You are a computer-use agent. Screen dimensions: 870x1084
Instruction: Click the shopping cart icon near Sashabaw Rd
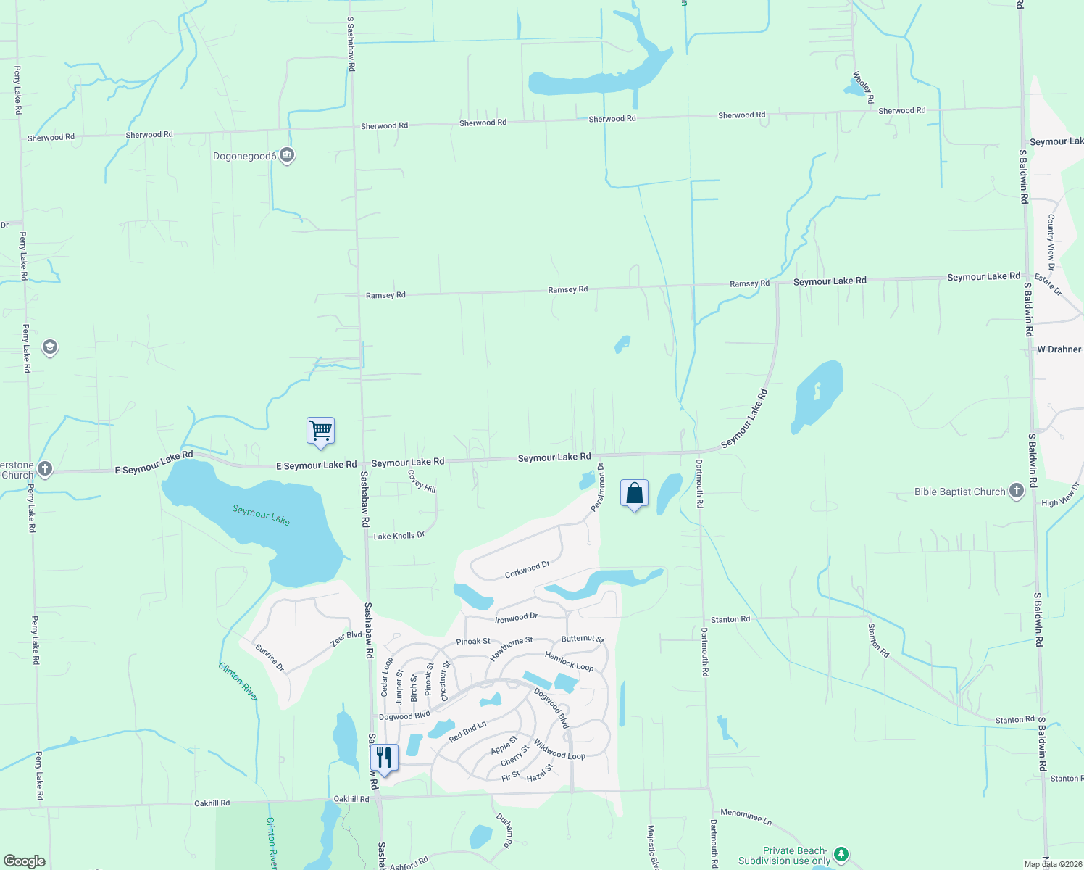coord(320,431)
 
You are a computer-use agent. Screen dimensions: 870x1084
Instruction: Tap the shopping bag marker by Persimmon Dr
coord(634,493)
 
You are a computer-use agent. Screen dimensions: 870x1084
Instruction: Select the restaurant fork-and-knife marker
coord(384,758)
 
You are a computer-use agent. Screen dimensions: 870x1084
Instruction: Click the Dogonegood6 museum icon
coord(287,155)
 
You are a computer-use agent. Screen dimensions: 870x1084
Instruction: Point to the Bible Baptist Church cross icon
coord(1017,492)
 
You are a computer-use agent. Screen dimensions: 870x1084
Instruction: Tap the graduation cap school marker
coord(50,347)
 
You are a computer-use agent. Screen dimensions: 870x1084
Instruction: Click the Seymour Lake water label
coord(261,515)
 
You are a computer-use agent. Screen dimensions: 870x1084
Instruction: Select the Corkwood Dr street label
coord(527,569)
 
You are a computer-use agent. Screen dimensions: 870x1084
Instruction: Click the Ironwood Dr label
coord(516,618)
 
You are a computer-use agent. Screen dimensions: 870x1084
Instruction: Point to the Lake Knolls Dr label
coord(399,536)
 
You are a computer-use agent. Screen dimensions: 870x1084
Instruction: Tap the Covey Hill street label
coord(422,481)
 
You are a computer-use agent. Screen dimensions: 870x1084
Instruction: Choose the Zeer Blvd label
coord(346,639)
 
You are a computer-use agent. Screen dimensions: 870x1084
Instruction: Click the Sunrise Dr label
coord(270,657)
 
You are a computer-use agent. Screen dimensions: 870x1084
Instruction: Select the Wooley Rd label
coord(863,87)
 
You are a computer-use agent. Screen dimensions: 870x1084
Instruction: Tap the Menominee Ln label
coord(746,816)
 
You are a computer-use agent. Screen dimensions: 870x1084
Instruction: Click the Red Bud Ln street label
coord(467,732)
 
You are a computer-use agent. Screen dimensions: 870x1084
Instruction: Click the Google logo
coord(25,861)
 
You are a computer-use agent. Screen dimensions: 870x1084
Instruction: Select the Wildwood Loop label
coord(559,750)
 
